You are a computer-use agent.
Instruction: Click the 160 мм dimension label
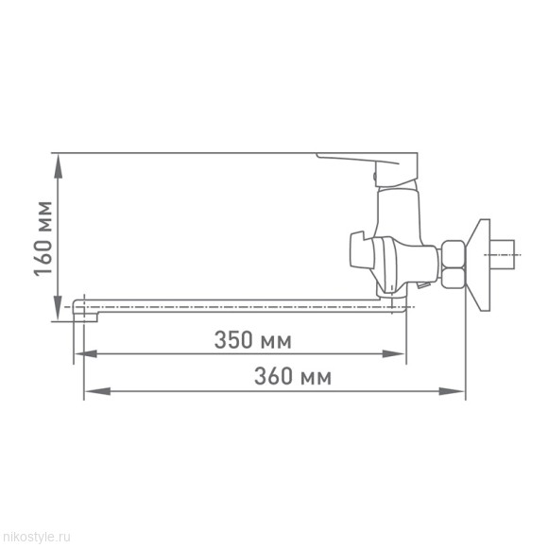click(x=43, y=236)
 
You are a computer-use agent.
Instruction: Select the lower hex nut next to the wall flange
click(x=453, y=277)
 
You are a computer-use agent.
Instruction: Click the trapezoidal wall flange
click(x=483, y=264)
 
